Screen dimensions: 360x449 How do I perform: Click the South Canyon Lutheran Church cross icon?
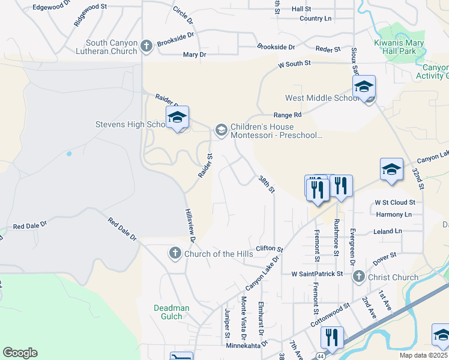click(146, 46)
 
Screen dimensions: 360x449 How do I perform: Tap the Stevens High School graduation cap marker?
click(177, 118)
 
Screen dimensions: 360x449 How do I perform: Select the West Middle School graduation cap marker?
click(364, 87)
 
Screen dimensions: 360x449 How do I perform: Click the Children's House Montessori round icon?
click(221, 130)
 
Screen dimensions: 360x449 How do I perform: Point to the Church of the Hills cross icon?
click(175, 253)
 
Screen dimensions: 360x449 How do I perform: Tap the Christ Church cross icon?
click(358, 277)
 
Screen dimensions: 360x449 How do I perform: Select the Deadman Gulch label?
click(172, 312)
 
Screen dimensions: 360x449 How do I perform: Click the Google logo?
click(20, 353)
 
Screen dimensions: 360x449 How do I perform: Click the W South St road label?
click(294, 63)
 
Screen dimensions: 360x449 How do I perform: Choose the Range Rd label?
click(288, 115)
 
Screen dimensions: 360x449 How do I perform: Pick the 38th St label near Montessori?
click(266, 184)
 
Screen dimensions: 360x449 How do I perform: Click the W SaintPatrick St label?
click(316, 274)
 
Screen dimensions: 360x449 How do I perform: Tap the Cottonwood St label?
click(330, 314)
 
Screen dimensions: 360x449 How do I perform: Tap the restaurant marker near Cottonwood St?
click(331, 338)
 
